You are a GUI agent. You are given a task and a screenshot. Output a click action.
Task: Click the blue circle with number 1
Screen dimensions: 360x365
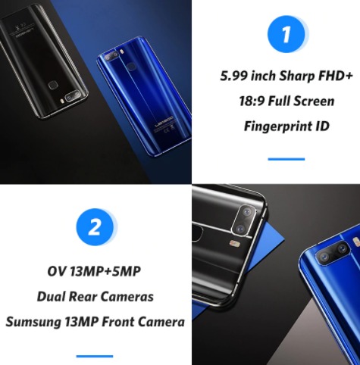click(286, 34)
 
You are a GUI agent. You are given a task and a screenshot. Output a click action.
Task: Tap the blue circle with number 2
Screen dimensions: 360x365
click(95, 227)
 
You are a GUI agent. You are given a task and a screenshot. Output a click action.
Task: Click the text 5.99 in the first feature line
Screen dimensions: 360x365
click(233, 76)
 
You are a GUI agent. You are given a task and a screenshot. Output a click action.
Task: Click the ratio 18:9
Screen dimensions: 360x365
click(252, 101)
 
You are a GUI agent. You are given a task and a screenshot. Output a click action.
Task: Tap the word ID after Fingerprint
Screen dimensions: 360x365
click(322, 126)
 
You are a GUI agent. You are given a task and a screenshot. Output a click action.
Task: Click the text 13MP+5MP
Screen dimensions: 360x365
click(105, 272)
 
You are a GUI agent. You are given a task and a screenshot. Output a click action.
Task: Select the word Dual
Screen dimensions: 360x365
click(51, 297)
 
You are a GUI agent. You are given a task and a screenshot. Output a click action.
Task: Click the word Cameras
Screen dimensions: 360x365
click(126, 297)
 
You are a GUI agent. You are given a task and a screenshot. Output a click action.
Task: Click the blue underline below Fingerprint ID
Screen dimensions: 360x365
click(286, 159)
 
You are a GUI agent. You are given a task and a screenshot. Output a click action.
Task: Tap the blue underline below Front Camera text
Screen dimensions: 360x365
click(95, 357)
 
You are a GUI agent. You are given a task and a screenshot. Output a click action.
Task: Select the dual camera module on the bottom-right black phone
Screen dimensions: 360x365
click(244, 220)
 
